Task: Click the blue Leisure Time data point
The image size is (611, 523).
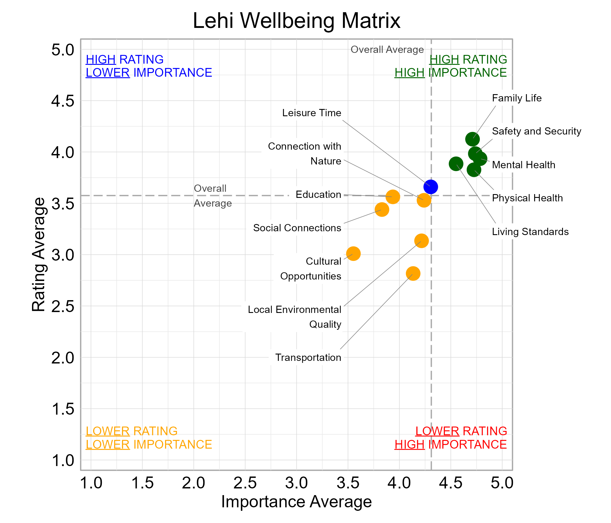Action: coord(431,187)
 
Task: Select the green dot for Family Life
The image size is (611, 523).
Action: coord(473,139)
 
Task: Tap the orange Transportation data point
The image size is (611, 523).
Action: coord(413,274)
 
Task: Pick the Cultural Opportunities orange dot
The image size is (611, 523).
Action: coord(353,254)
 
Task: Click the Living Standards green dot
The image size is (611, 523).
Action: coord(456,164)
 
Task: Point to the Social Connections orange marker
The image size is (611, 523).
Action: coord(382,210)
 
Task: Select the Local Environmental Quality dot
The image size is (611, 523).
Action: coord(421,241)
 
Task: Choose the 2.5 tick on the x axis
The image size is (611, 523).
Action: coord(245,483)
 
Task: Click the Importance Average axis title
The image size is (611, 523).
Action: coord(296,502)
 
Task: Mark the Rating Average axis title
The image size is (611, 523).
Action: coord(39,255)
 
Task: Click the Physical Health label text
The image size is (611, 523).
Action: coord(527,198)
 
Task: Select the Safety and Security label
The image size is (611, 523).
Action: coord(537,131)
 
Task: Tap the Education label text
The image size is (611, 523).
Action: coord(318,195)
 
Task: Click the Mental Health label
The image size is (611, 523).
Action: coord(523,165)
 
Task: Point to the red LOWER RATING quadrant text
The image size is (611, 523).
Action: coord(461,431)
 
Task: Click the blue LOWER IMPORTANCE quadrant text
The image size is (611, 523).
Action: coord(149,73)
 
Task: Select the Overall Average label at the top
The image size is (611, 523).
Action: coord(387,49)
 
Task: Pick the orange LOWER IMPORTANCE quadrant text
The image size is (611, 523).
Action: coord(149,444)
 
